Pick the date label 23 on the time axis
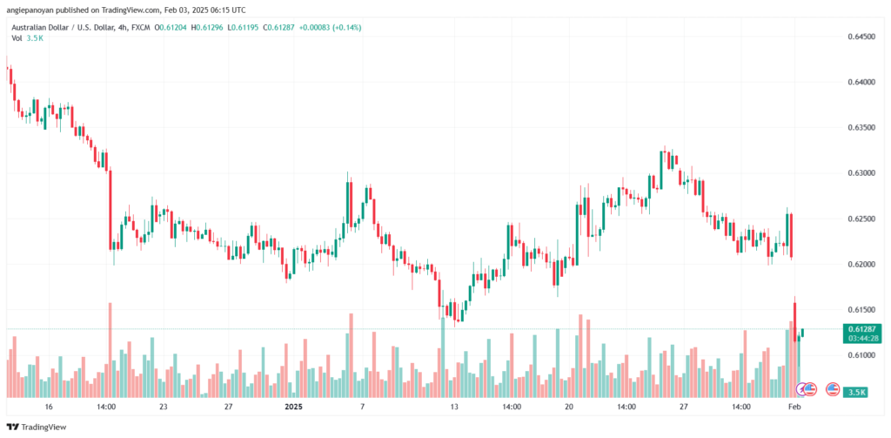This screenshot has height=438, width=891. [x=163, y=407]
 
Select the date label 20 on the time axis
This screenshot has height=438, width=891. [x=569, y=407]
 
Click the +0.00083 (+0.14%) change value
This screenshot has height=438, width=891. [x=330, y=28]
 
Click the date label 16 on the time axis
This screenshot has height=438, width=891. [x=49, y=407]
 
